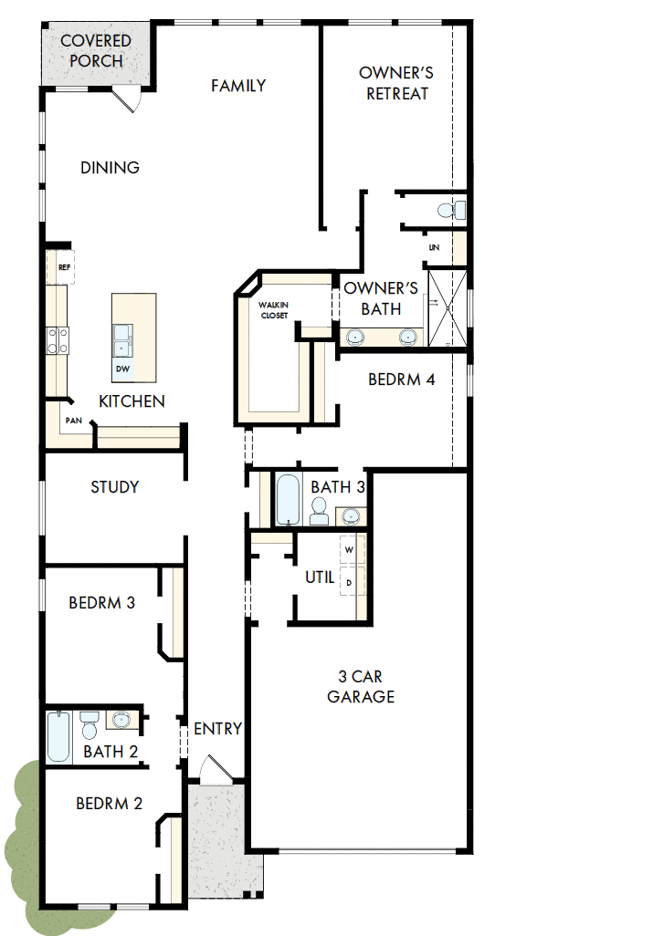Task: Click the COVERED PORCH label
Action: (96, 51)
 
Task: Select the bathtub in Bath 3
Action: (288, 499)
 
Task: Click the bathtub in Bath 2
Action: (58, 737)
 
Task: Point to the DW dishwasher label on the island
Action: (122, 369)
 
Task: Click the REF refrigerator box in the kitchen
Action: (64, 267)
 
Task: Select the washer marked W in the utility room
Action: (350, 551)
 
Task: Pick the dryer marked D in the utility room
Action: (350, 581)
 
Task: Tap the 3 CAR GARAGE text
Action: (366, 687)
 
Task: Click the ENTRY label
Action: (218, 729)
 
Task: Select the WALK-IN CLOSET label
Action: (272, 309)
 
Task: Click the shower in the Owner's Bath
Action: (448, 307)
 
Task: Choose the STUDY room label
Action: (115, 487)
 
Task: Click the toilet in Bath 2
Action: (89, 727)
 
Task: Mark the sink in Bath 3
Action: (351, 517)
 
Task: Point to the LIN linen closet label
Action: (435, 247)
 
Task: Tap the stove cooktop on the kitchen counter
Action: (57, 340)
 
